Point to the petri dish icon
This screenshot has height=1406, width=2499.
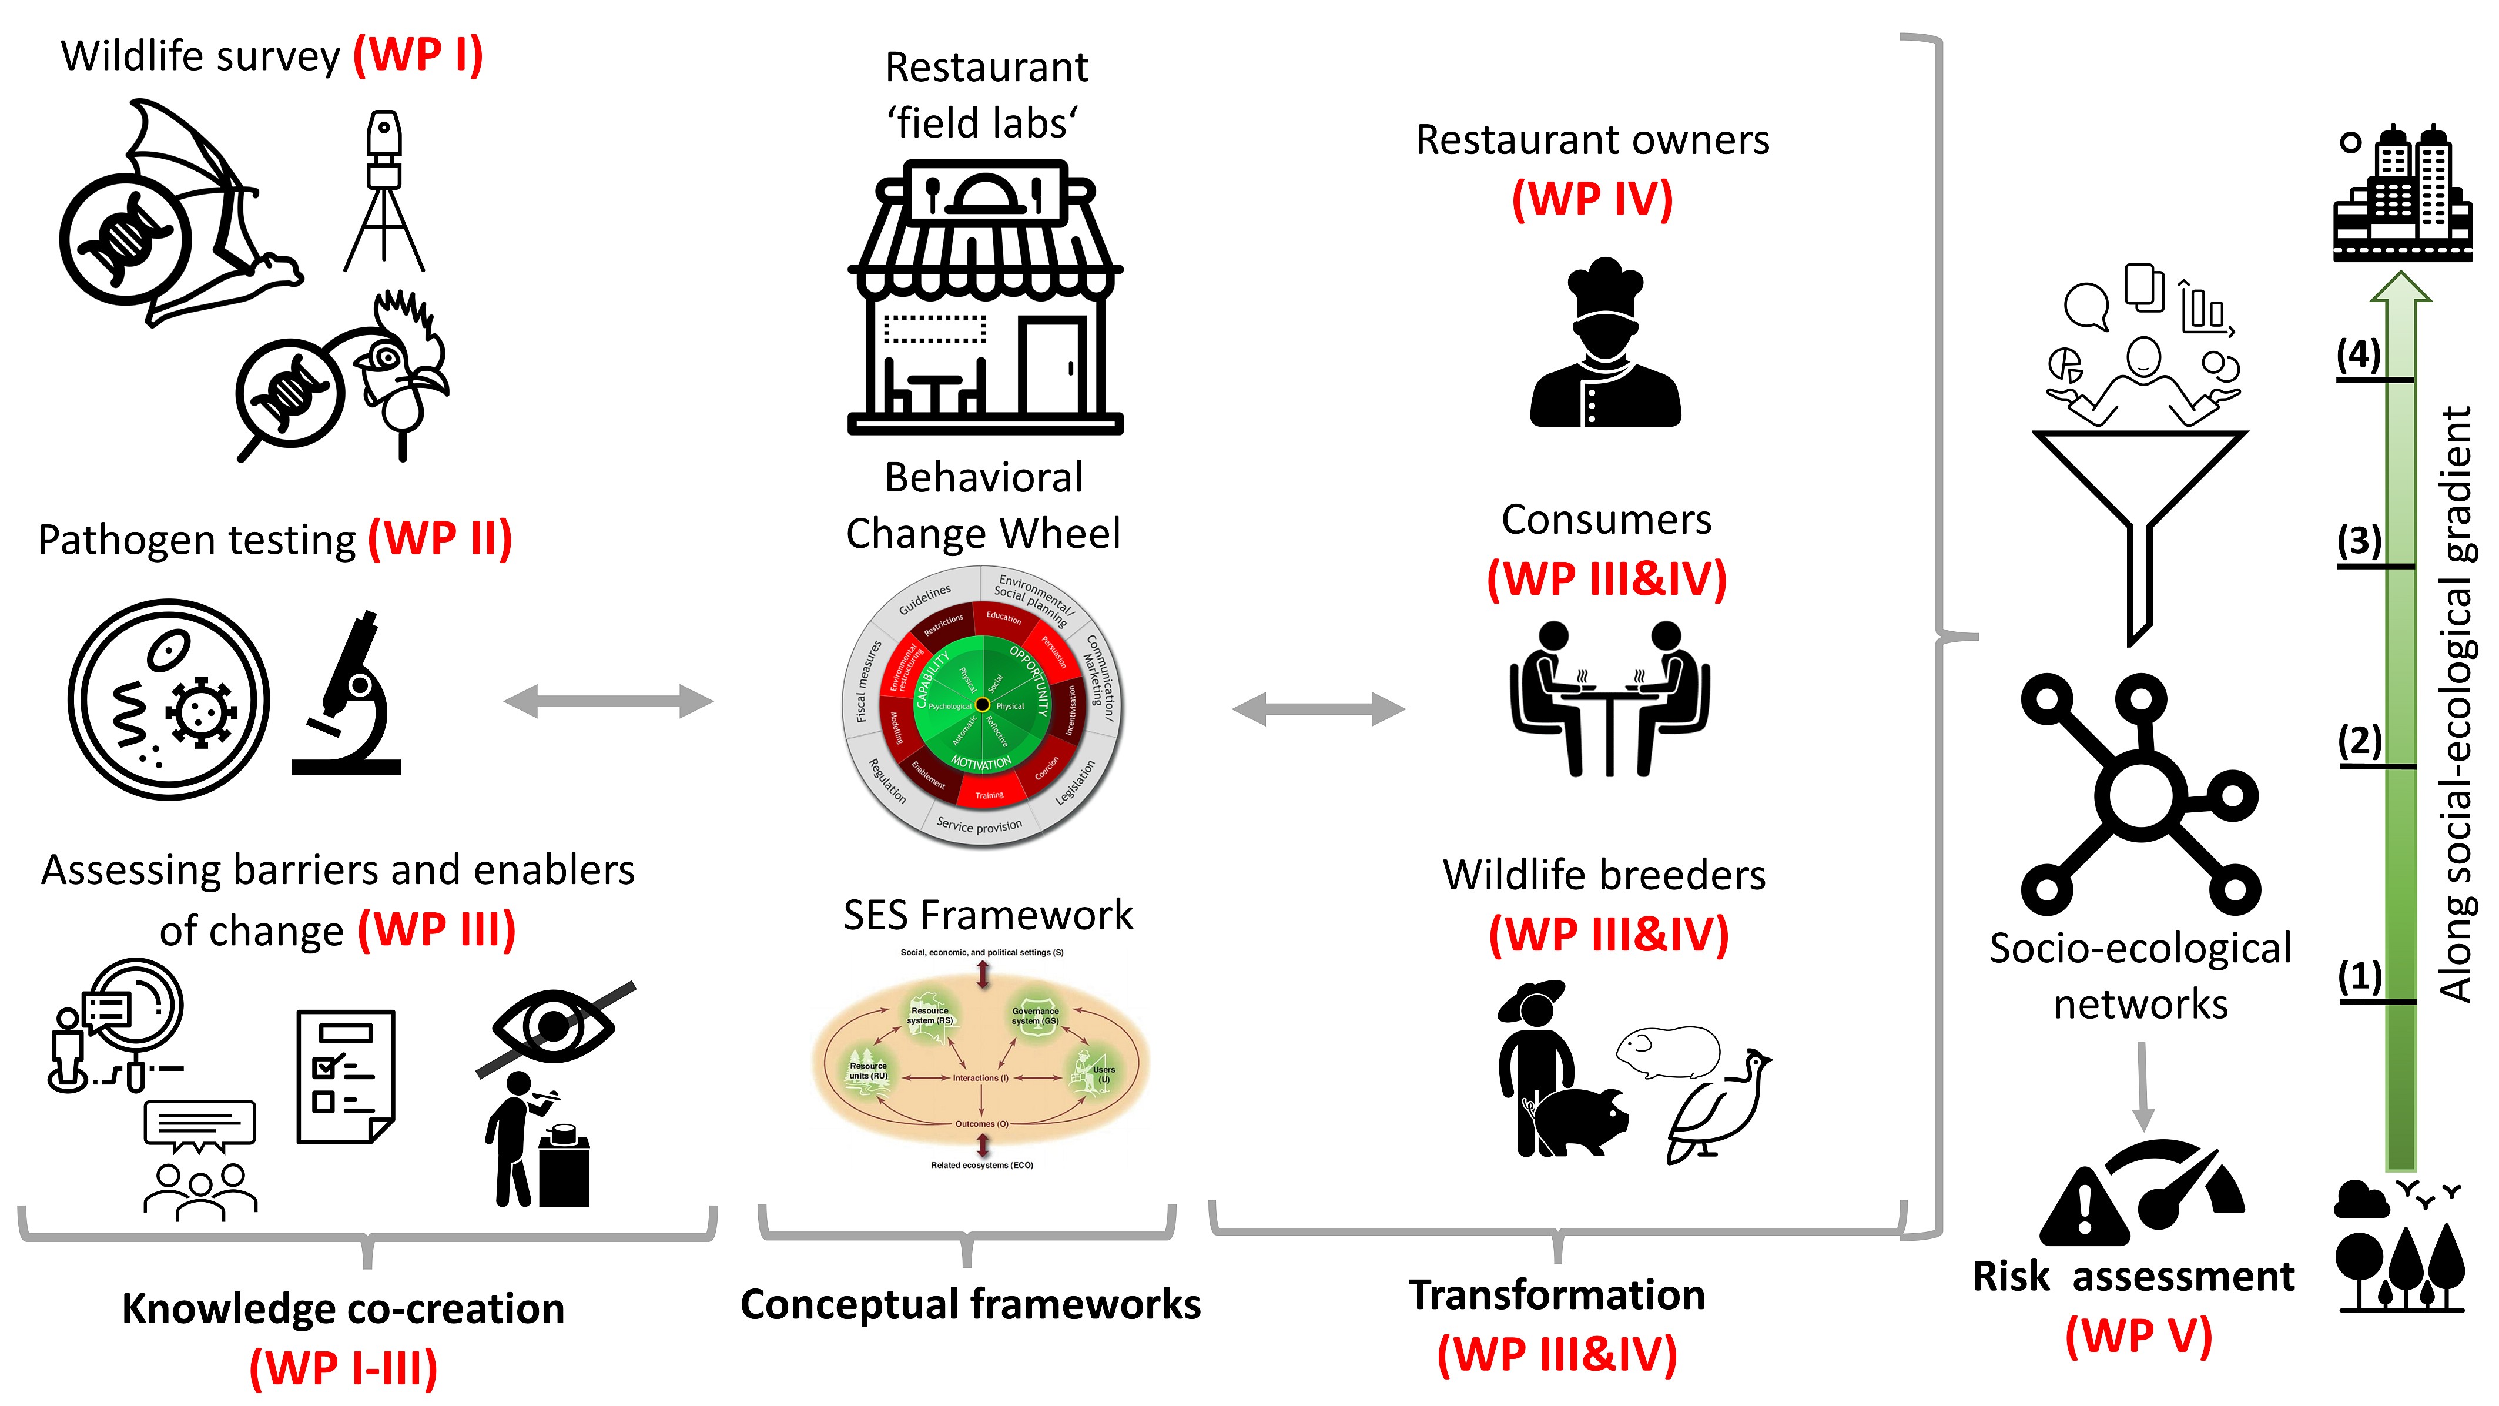169,699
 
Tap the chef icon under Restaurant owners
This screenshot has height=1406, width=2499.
1606,344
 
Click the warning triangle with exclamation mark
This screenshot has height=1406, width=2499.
2084,1208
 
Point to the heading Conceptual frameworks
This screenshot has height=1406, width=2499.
970,1305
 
